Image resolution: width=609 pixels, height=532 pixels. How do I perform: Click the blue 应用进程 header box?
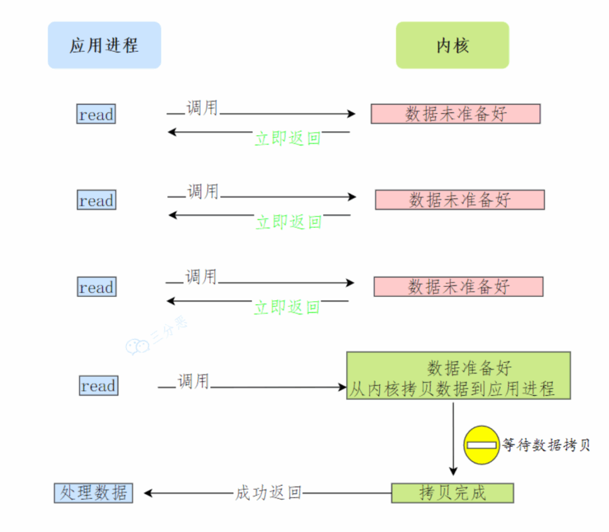pyautogui.click(x=104, y=45)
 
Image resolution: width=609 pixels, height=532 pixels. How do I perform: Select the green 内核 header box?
pyautogui.click(x=452, y=45)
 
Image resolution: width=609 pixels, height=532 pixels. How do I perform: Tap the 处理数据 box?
pyautogui.click(x=93, y=493)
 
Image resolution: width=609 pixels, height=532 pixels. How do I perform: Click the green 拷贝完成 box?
pyautogui.click(x=452, y=493)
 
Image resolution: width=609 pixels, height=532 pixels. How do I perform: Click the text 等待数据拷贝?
pyautogui.click(x=546, y=445)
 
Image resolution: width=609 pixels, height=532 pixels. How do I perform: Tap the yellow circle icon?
pyautogui.click(x=482, y=445)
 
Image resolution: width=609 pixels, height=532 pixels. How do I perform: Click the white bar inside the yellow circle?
pyautogui.click(x=482, y=445)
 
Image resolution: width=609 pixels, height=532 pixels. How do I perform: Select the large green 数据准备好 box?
pyautogui.click(x=459, y=375)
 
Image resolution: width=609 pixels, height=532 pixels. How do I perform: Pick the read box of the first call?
pyautogui.click(x=96, y=114)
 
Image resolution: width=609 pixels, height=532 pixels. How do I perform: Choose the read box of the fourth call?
pyautogui.click(x=98, y=386)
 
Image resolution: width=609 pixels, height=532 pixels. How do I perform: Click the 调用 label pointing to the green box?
pyautogui.click(x=193, y=381)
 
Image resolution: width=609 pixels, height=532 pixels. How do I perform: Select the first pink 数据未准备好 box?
pyautogui.click(x=456, y=114)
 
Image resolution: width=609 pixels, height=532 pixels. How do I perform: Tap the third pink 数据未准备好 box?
pyautogui.click(x=458, y=287)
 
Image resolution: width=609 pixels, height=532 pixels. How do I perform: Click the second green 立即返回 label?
pyautogui.click(x=288, y=222)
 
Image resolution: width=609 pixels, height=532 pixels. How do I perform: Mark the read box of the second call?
pyautogui.click(x=96, y=201)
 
